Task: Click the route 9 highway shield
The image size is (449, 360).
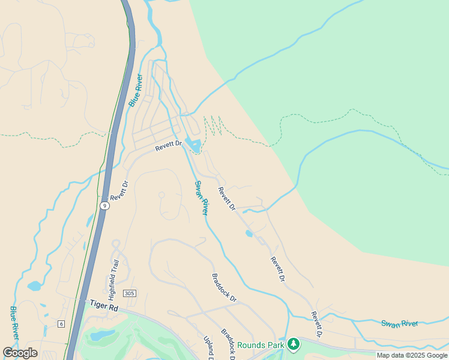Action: click(105, 206)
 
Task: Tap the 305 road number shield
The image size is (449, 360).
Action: click(129, 293)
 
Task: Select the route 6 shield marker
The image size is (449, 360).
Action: click(61, 324)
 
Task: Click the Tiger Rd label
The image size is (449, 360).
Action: click(102, 306)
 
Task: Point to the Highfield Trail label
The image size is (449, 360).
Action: click(113, 280)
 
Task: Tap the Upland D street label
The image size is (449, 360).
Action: click(208, 347)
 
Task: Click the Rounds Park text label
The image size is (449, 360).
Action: click(261, 345)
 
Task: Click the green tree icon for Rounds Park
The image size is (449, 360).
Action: click(293, 344)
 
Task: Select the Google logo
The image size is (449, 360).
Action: click(20, 353)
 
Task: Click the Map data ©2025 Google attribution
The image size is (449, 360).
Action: click(412, 355)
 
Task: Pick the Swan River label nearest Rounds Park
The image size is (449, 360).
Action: click(399, 324)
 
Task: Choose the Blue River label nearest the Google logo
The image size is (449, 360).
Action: click(14, 323)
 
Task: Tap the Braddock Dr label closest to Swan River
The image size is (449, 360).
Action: click(224, 288)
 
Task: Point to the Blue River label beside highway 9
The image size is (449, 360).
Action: click(136, 90)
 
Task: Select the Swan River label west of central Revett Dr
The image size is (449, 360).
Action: click(201, 198)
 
